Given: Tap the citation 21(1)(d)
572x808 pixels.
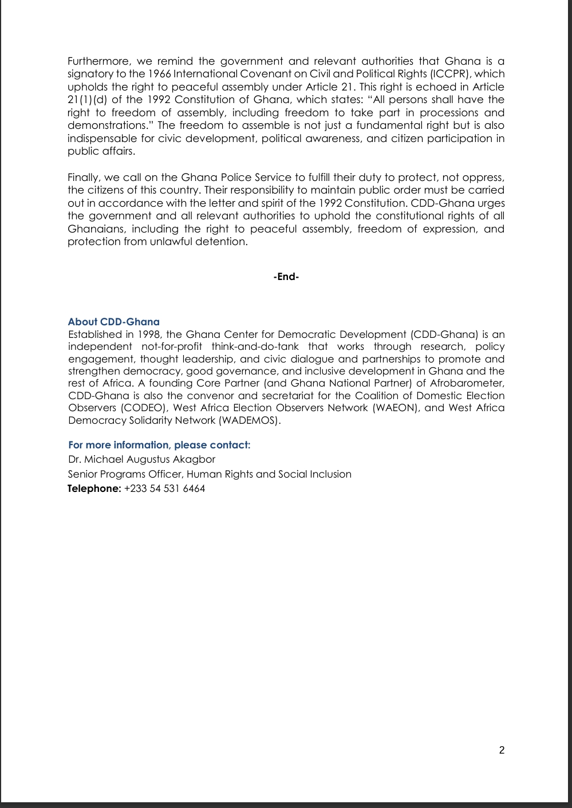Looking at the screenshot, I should [x=86, y=100].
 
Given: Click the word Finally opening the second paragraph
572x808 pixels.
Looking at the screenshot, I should [x=83, y=178].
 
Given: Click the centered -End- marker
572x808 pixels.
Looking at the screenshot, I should [x=286, y=277].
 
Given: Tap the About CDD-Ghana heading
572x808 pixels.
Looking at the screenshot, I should [x=113, y=322].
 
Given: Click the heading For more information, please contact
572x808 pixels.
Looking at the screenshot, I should [x=159, y=445].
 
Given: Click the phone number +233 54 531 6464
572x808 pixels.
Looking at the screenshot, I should [x=164, y=488].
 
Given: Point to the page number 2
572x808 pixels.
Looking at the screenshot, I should [x=502, y=750].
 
